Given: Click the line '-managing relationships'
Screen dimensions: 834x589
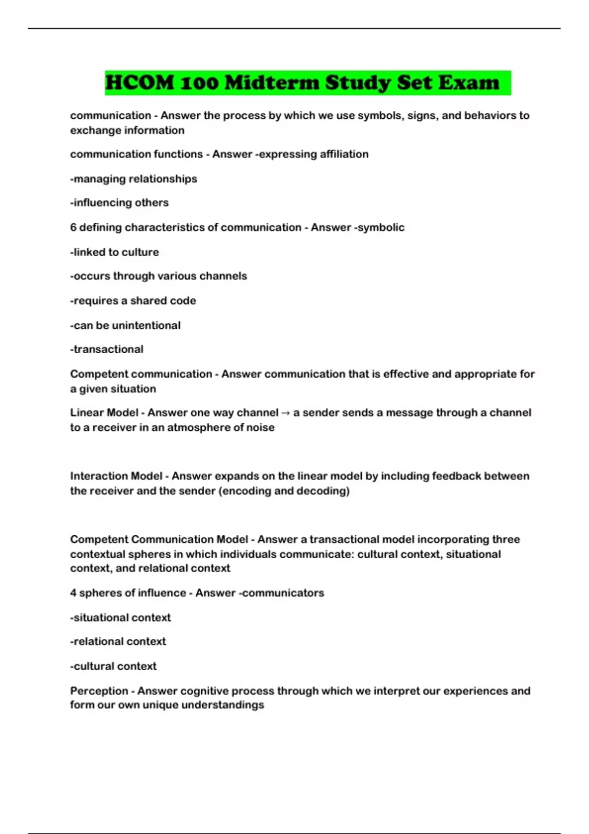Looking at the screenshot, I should pos(134,179).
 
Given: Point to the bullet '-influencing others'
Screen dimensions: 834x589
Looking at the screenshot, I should pos(119,203).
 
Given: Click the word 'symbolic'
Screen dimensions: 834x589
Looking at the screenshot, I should pos(381,227).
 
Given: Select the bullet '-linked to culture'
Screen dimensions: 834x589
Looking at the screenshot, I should pos(114,252).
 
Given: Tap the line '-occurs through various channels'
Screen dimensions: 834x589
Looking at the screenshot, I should pos(159,276).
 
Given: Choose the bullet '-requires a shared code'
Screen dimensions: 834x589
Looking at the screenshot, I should pos(133,301).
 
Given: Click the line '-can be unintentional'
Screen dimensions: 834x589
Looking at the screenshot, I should pos(125,325).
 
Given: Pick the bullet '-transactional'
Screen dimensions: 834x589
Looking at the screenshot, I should pos(107,349).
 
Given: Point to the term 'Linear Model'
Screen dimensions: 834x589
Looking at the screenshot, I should pos(104,413).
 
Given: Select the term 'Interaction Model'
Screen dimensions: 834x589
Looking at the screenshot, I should pos(116,476).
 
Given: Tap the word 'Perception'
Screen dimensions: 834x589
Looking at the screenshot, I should pos(99,691).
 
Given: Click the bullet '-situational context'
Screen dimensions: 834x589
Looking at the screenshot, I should pos(120,617).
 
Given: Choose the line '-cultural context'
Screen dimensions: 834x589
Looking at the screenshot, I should pos(113,666).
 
